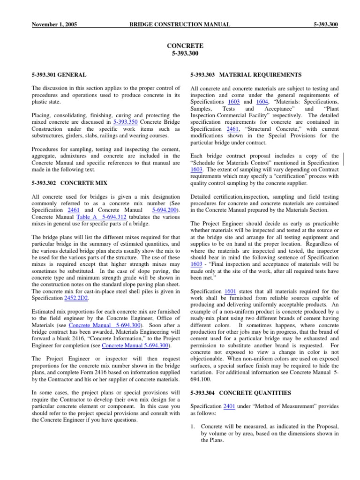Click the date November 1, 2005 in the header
click(54, 24)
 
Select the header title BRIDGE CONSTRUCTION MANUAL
click(180, 24)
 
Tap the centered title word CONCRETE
click(185, 46)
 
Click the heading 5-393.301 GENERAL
click(59, 75)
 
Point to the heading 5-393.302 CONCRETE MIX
click(69, 183)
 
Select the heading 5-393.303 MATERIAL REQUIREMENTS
click(246, 75)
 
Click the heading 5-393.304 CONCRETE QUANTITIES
click(241, 393)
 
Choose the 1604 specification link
click(262, 102)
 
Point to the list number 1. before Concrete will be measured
click(193, 426)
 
